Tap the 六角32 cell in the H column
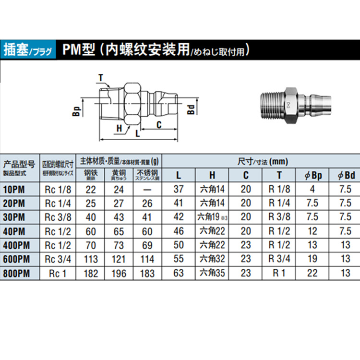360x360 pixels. (212, 260)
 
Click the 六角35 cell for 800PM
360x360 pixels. (212, 274)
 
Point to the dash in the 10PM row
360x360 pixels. (147, 190)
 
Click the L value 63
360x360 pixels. (179, 274)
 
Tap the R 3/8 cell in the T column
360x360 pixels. (279, 217)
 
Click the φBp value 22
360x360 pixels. (312, 274)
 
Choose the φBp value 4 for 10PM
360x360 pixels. (312, 190)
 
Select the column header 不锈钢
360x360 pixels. (147, 172)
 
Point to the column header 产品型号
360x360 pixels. (19, 163)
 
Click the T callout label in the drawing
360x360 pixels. (100, 77)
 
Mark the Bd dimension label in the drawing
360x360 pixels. (191, 109)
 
